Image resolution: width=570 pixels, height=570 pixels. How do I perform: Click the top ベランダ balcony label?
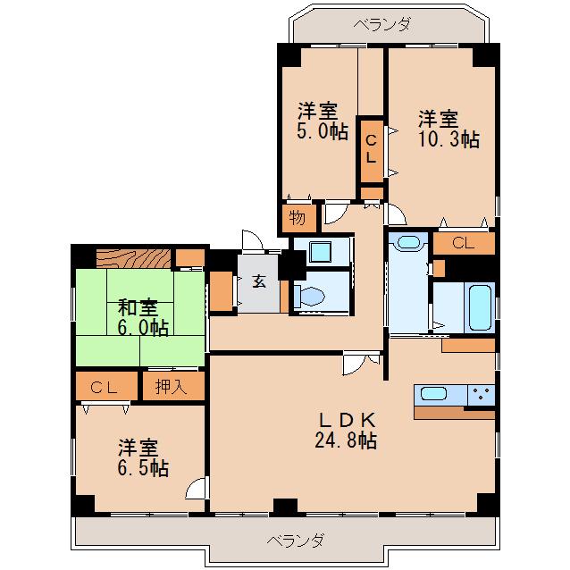tap(382, 25)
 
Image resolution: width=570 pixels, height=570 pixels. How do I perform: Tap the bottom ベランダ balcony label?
tap(295, 541)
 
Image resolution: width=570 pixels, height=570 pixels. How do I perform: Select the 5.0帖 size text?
tap(323, 131)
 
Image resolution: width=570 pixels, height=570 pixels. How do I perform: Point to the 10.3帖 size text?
tap(449, 139)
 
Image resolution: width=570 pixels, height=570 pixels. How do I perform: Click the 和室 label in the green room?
tap(138, 307)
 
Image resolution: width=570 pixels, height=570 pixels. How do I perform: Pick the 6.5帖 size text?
tap(143, 468)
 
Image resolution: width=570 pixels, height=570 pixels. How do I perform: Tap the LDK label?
tap(347, 421)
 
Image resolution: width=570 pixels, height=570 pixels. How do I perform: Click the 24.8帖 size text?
tap(346, 440)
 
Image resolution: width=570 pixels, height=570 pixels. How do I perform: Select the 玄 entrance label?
tap(259, 281)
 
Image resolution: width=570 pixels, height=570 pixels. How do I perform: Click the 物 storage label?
tap(297, 218)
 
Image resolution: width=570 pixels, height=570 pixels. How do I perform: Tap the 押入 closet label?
tap(171, 387)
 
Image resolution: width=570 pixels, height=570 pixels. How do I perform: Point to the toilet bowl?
tap(310, 296)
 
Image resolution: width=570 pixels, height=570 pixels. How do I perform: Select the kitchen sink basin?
tap(433, 394)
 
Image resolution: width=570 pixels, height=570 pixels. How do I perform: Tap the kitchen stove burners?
tap(481, 394)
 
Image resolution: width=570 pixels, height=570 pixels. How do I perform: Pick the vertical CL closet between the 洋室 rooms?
tap(372, 150)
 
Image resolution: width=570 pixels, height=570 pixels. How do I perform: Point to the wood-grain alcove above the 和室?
tap(134, 258)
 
